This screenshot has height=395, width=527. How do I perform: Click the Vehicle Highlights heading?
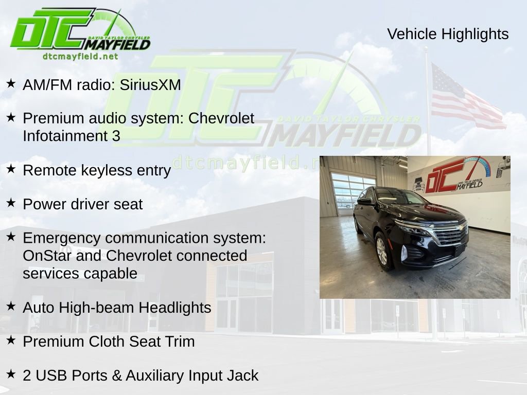448,34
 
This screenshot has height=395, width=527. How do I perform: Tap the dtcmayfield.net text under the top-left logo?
80,57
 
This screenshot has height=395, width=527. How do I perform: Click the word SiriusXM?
150,85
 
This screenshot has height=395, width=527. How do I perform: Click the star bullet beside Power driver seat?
11,203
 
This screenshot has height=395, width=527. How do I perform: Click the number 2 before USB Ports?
27,375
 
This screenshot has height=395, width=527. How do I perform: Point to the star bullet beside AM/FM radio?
11,84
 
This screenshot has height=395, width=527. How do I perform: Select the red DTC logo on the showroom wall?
445,175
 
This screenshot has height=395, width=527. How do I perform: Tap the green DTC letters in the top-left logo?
51,31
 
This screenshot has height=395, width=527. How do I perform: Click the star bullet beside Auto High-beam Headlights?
11,307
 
